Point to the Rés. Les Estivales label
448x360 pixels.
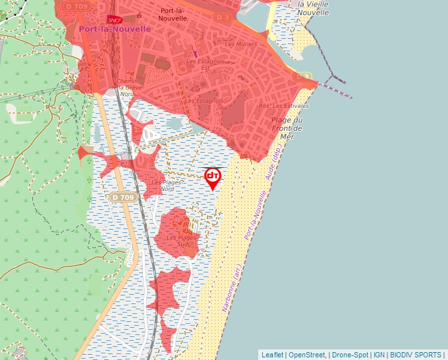(x=284, y=105)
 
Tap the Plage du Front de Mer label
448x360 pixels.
(x=287, y=128)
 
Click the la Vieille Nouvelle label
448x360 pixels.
(x=314, y=8)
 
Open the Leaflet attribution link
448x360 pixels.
(x=272, y=355)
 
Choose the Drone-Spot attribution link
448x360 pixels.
(x=350, y=355)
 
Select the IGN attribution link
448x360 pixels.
(x=379, y=355)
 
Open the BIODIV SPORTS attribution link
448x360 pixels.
(x=416, y=355)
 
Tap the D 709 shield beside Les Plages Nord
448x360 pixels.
(x=123, y=197)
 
